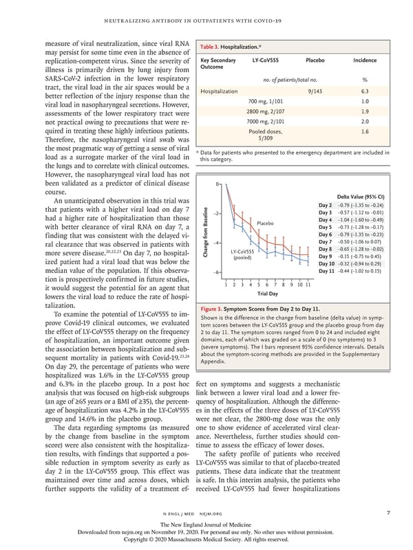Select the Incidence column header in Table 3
point(364,60)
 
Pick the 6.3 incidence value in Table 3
point(364,90)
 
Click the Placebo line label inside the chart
point(266,223)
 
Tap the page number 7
point(388,512)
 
